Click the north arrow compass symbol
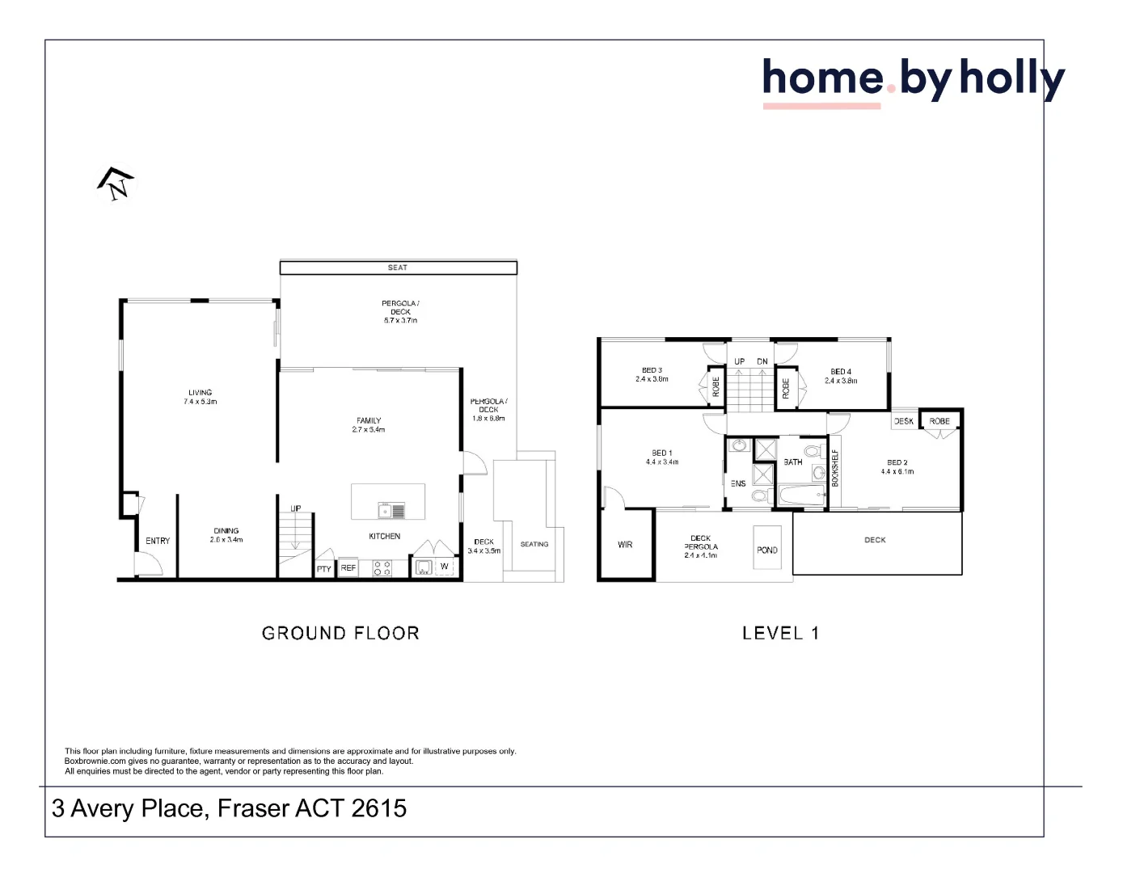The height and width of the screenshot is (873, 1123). point(116,184)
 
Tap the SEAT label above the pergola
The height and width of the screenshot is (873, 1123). point(397,268)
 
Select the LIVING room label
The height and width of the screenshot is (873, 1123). point(200,393)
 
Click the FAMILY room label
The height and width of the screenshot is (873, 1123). point(369,420)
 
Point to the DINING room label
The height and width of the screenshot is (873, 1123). point(226,531)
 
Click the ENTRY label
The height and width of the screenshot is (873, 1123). point(158,541)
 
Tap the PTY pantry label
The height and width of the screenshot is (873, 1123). point(324,569)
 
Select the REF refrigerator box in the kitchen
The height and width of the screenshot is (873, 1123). point(348,568)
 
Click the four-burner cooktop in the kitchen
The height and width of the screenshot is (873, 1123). point(382,568)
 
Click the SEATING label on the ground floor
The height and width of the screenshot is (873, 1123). point(534,544)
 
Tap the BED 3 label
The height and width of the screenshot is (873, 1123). point(652,370)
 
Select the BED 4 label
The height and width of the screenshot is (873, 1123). point(841,372)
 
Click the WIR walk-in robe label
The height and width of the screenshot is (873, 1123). point(625,545)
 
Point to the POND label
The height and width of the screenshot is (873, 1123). point(767,550)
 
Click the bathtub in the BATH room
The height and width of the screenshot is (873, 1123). point(800,496)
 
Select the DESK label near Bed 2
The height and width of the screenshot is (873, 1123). point(904,421)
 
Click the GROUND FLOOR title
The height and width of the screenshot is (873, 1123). point(340,633)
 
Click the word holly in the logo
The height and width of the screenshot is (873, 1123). point(1011,79)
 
